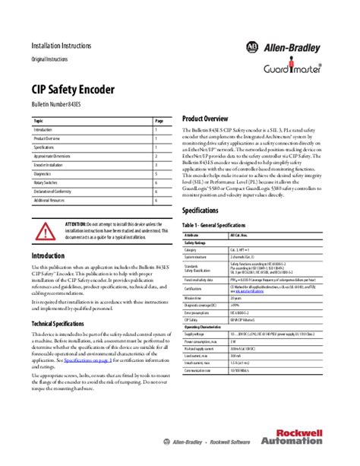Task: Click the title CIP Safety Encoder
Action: click(x=73, y=90)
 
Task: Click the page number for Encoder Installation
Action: click(x=156, y=165)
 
